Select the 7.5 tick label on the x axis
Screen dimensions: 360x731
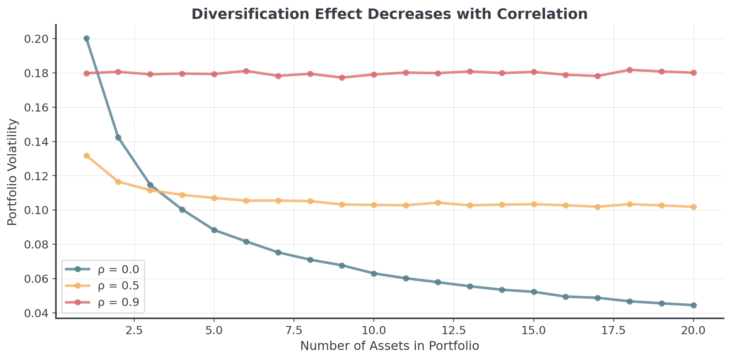coord(294,331)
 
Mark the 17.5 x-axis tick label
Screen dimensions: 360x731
coord(614,331)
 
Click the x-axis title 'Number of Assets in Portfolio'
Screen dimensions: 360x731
coord(390,346)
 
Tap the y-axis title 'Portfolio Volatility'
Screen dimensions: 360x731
coord(13,172)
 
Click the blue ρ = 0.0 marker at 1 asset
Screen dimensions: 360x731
coord(86,39)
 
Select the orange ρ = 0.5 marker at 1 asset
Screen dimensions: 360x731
coord(86,156)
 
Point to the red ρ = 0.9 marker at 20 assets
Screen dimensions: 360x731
coord(694,73)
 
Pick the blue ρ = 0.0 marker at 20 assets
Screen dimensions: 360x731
coord(694,305)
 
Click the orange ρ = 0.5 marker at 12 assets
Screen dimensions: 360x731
coord(438,203)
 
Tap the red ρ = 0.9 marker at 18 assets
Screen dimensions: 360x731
coord(630,70)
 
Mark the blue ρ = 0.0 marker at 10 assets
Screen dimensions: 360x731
coord(374,274)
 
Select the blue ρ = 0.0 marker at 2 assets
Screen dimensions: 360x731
coord(118,138)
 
